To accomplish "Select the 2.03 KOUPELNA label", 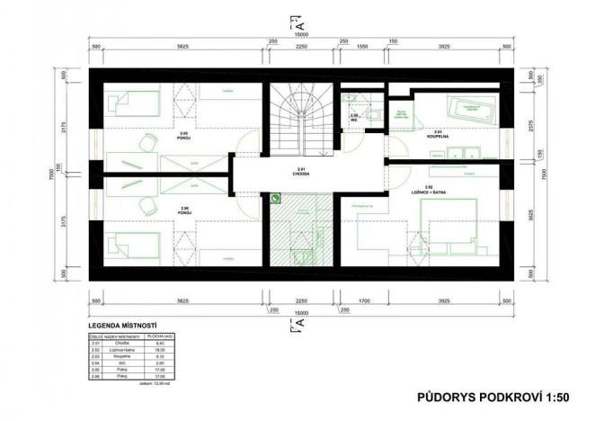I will [438, 133].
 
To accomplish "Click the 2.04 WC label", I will [355, 118].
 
